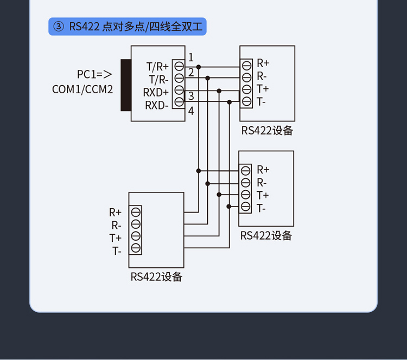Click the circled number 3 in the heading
(x=59, y=27)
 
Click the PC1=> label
(x=94, y=74)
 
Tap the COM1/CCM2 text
(x=82, y=89)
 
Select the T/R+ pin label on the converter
(x=157, y=67)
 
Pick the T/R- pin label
(x=158, y=79)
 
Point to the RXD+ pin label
(x=156, y=92)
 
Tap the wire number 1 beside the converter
(x=191, y=57)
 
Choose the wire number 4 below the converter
(x=191, y=111)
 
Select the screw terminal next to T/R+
(x=179, y=66)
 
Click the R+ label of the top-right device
(x=263, y=63)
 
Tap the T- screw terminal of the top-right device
(x=246, y=101)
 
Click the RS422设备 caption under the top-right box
(x=268, y=131)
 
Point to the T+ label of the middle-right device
(x=263, y=195)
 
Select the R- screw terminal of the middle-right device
(x=246, y=183)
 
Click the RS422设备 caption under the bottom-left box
(x=156, y=277)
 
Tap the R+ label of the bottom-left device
(x=115, y=213)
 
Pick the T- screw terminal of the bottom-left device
(x=136, y=248)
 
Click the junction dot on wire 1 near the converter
(x=199, y=67)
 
